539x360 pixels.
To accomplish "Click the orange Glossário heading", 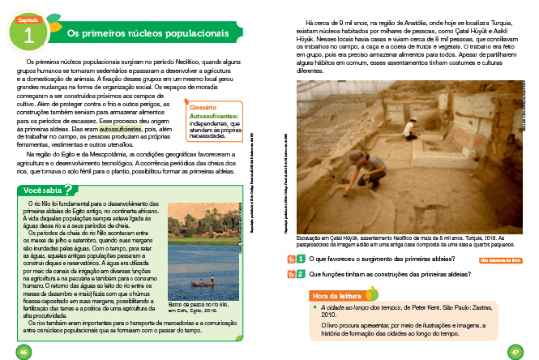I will point(203,107).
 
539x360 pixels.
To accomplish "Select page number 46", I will point(24,350).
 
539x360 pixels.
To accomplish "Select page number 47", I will point(514,350).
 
